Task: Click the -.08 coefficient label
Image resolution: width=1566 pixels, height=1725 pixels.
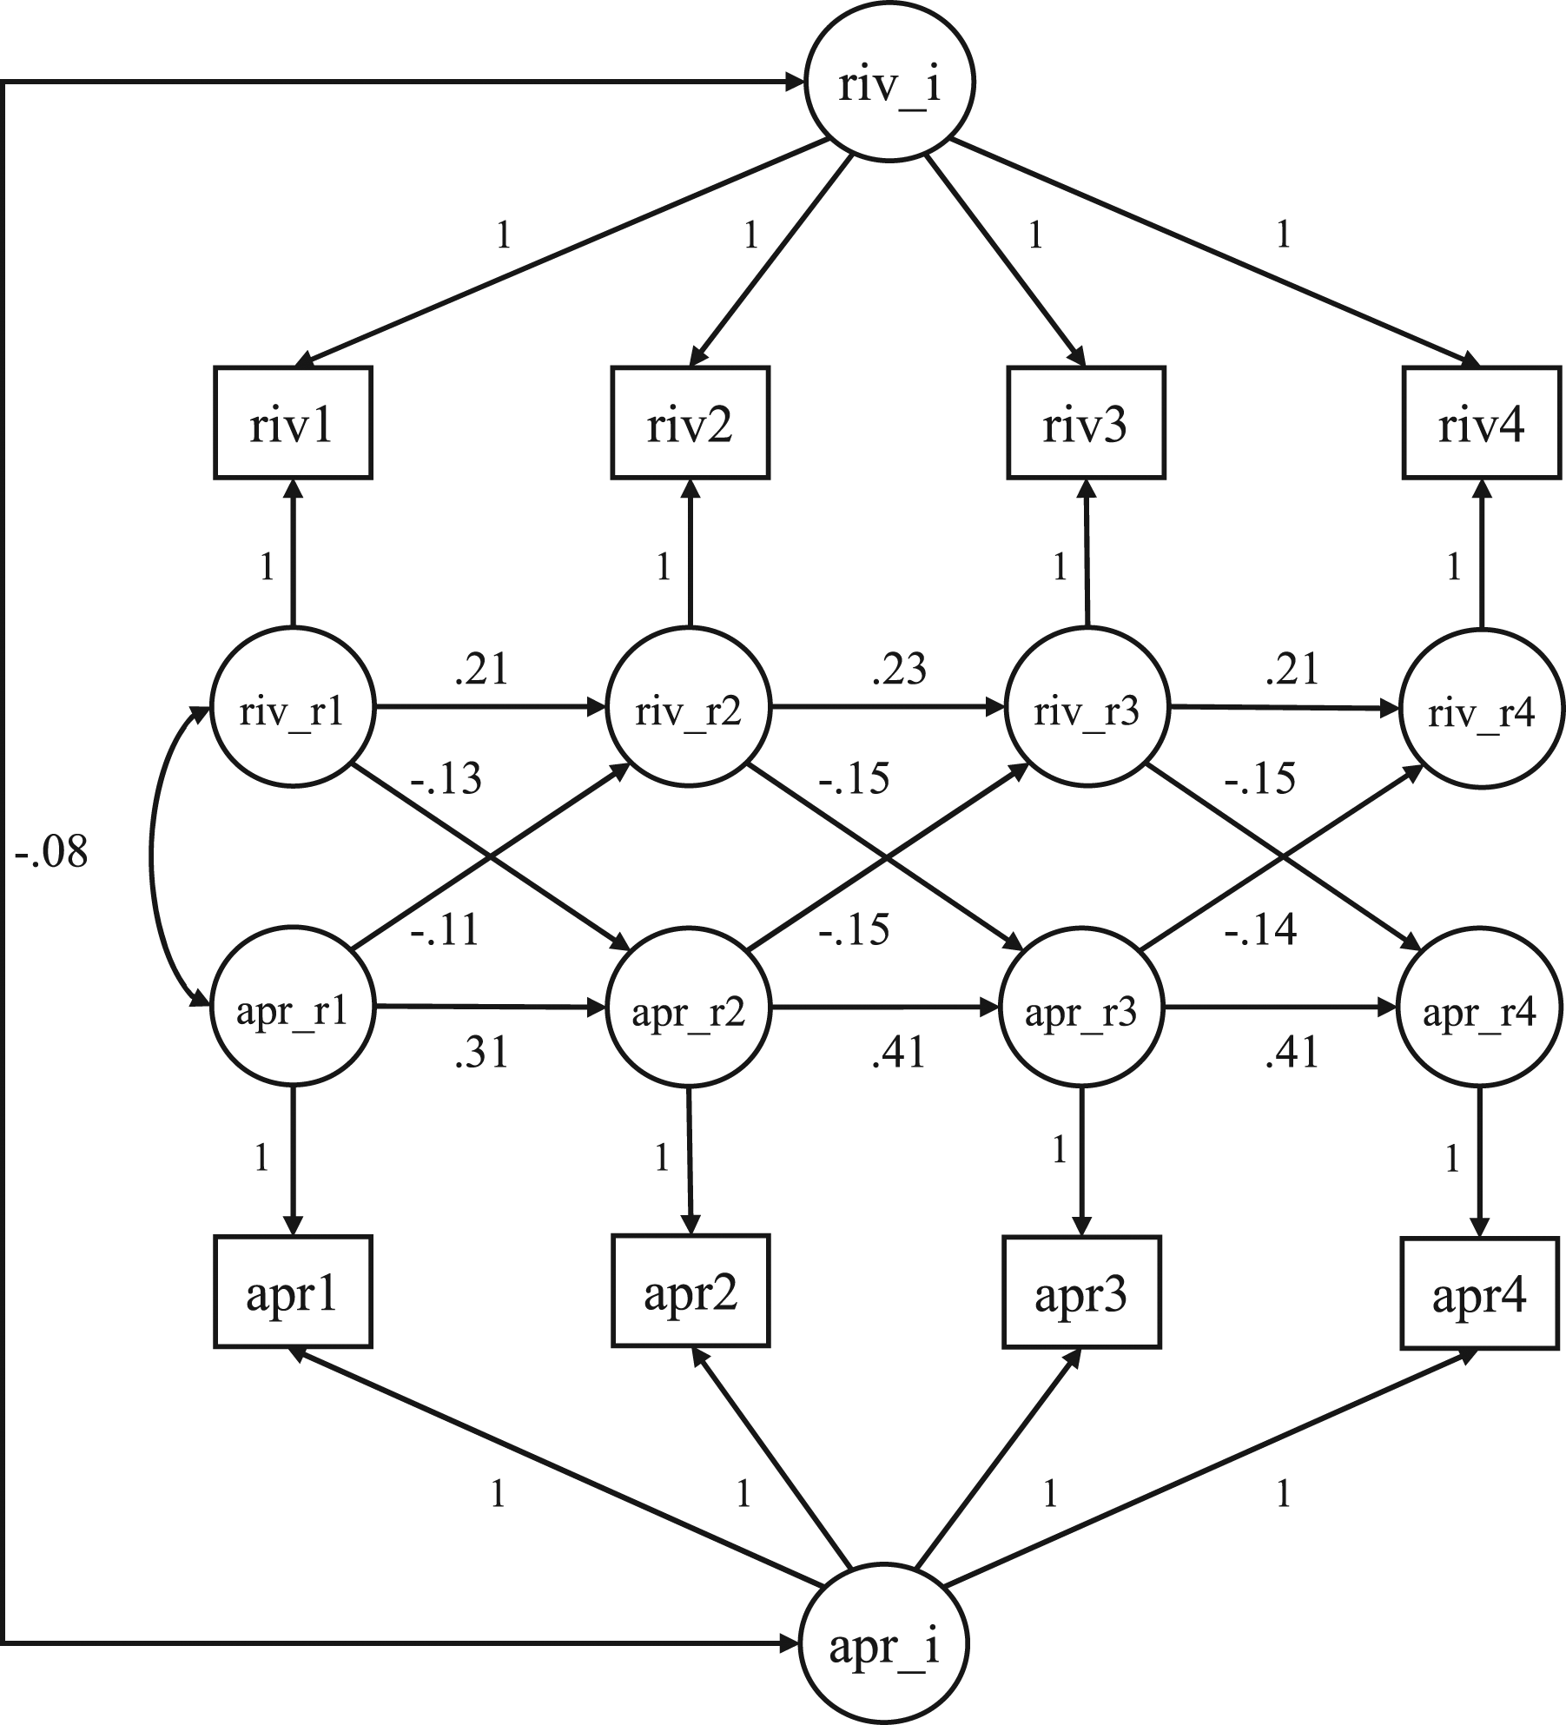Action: pos(51,852)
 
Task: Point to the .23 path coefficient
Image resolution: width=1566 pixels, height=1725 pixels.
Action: pos(899,669)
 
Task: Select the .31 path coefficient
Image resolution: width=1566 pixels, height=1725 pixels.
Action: pos(480,1053)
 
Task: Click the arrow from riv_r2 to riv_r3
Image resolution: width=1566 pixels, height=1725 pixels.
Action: pos(886,709)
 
